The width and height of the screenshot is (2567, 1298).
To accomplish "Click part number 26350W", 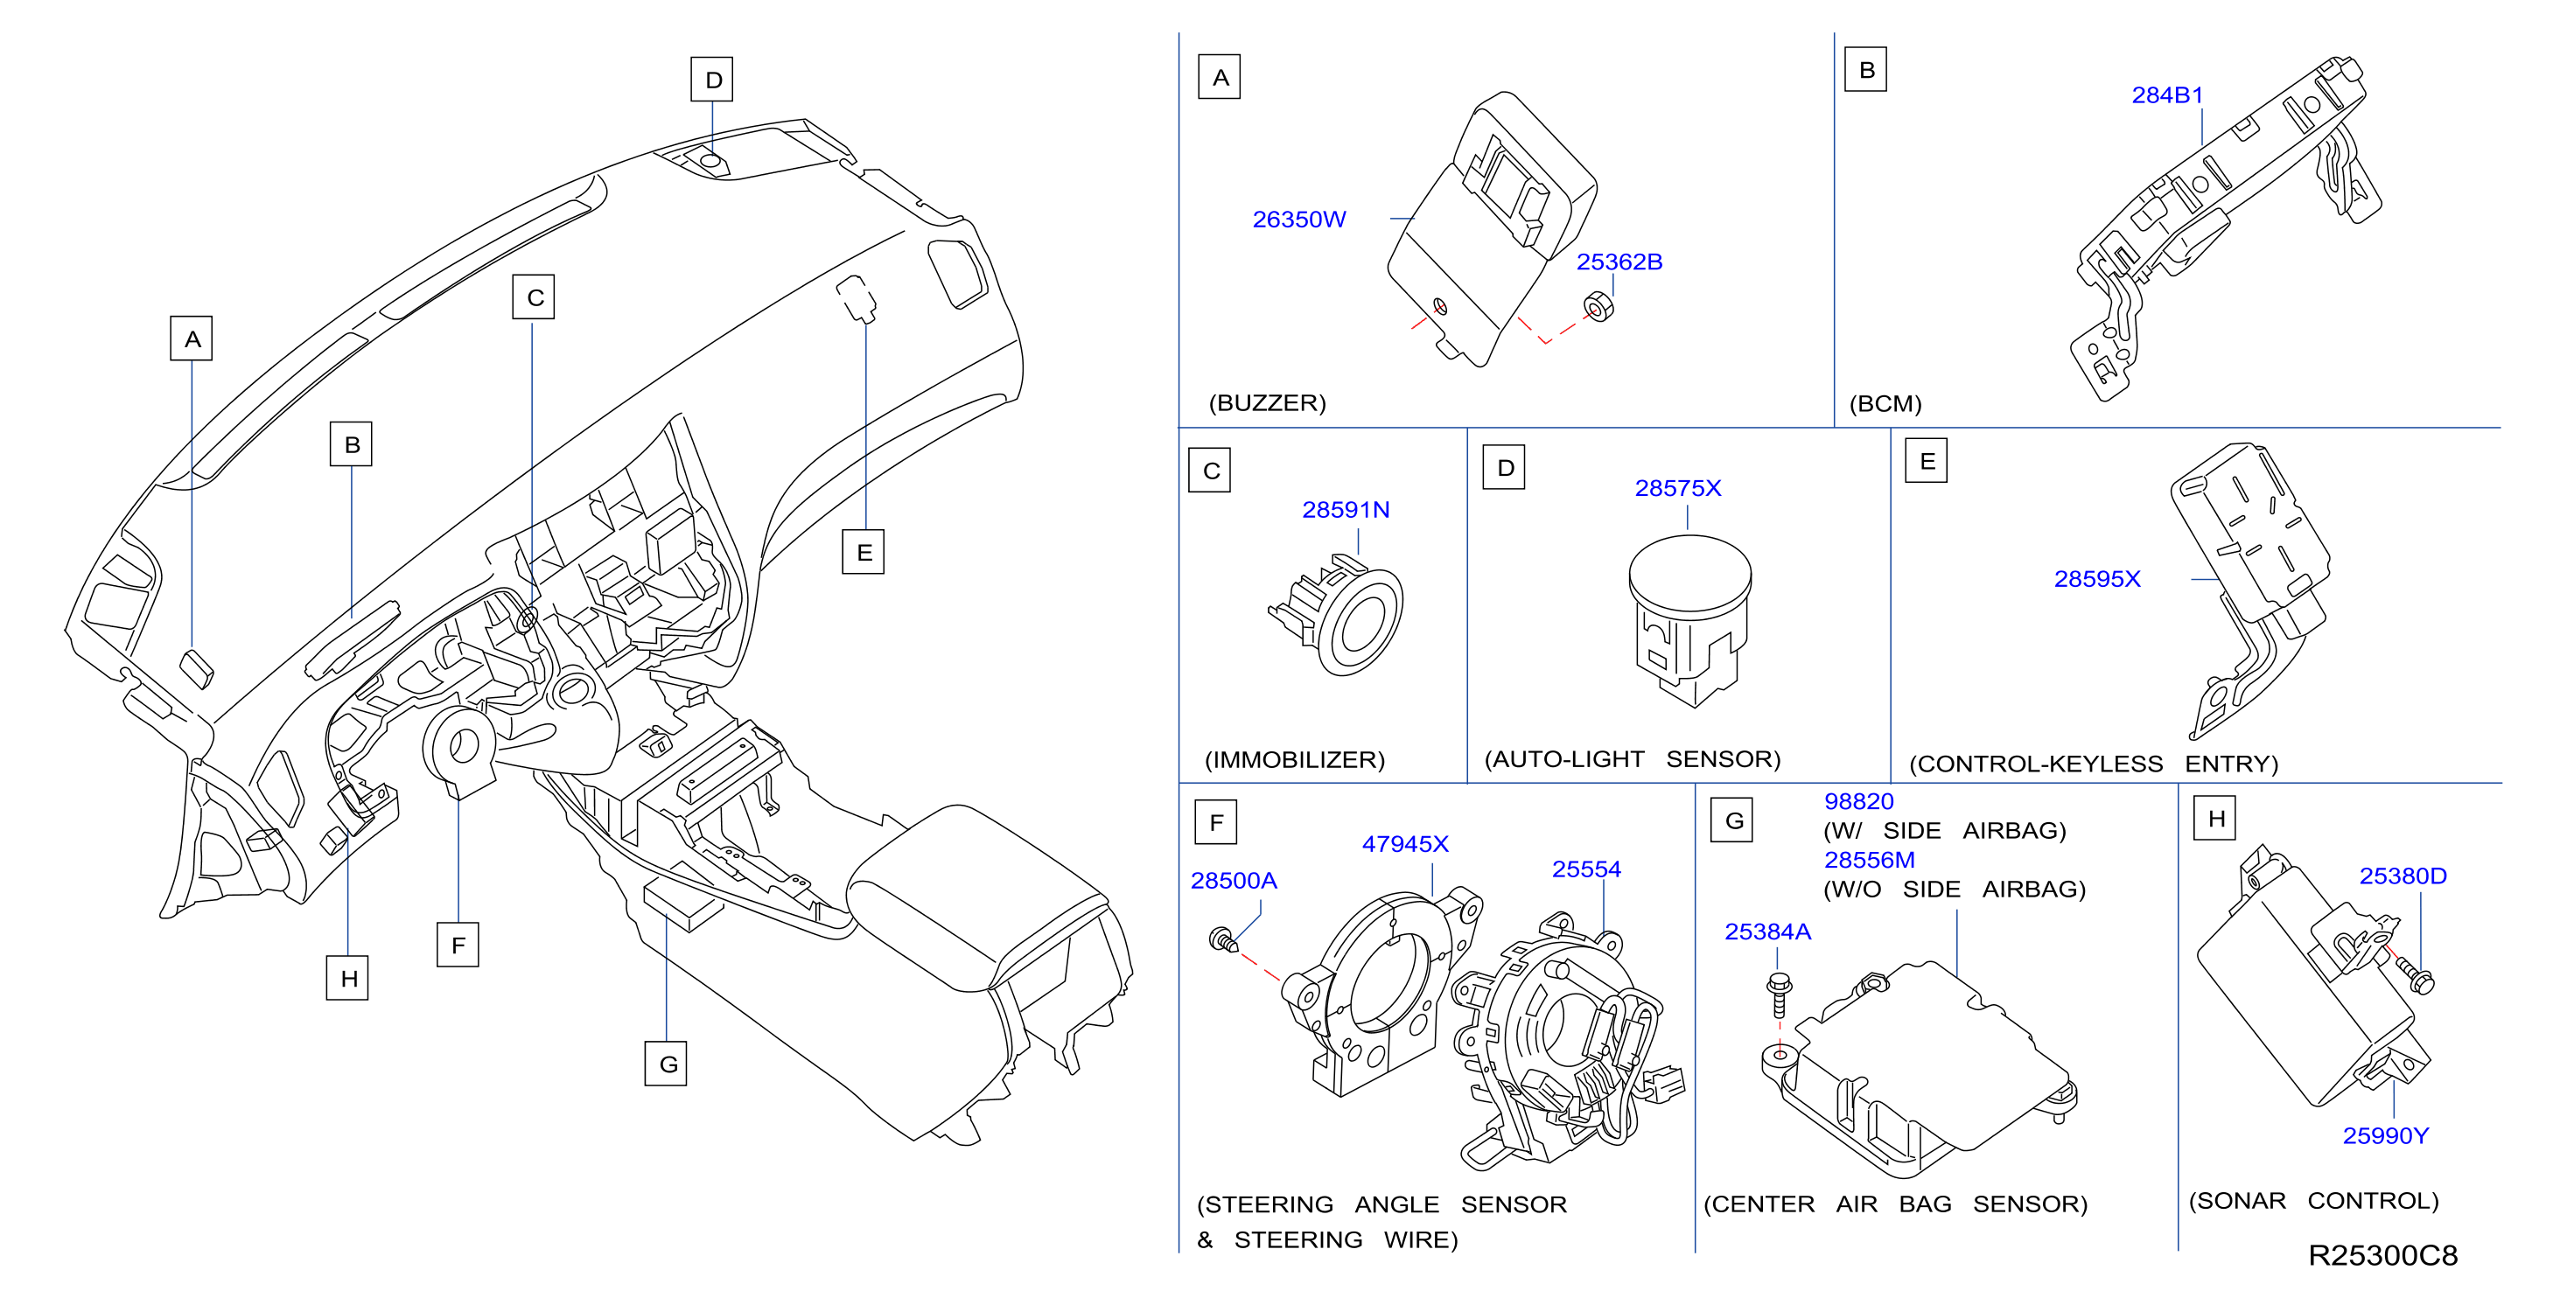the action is coord(1298,220).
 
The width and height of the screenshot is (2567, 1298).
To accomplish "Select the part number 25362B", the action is coord(1619,262).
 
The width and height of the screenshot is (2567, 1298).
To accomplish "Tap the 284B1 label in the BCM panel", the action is coord(2167,95).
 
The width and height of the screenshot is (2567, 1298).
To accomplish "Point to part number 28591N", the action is coord(1346,510).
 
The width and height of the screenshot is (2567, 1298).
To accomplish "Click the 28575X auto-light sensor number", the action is coord(1678,488).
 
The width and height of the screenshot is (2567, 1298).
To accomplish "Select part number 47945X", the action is coord(1405,844).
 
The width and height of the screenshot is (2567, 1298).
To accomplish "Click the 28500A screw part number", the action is coord(1234,881).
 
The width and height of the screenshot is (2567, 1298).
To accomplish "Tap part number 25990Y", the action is coord(2386,1135).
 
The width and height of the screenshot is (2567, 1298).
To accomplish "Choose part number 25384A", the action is coord(1768,932).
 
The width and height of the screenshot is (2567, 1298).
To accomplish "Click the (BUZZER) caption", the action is coord(1268,403).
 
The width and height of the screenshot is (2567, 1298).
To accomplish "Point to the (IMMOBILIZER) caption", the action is coord(1295,760).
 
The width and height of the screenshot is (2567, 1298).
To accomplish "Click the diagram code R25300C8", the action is coord(2382,1255).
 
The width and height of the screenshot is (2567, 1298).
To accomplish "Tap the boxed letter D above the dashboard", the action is coord(712,80).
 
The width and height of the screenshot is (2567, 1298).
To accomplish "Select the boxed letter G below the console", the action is coord(667,1064).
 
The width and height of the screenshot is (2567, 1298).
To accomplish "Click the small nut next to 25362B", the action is coord(1598,308).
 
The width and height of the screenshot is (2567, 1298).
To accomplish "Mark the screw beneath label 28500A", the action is coord(1223,939).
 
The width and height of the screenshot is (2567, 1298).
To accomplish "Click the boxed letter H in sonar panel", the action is coord(2216,819).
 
